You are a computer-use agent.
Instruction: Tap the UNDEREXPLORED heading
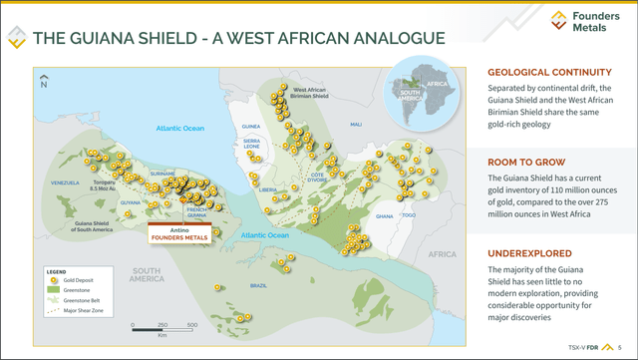click(526, 252)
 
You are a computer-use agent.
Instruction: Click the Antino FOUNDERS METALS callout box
click(180, 233)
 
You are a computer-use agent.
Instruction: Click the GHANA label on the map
click(383, 215)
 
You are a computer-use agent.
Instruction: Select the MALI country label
click(356, 125)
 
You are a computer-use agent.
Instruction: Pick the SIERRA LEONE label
click(252, 144)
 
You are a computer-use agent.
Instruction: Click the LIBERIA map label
click(267, 188)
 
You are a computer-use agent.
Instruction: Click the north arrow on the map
click(43, 81)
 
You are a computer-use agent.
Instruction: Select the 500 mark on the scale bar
click(191, 326)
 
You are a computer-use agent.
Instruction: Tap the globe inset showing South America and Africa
click(421, 86)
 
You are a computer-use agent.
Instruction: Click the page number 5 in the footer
click(619, 348)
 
